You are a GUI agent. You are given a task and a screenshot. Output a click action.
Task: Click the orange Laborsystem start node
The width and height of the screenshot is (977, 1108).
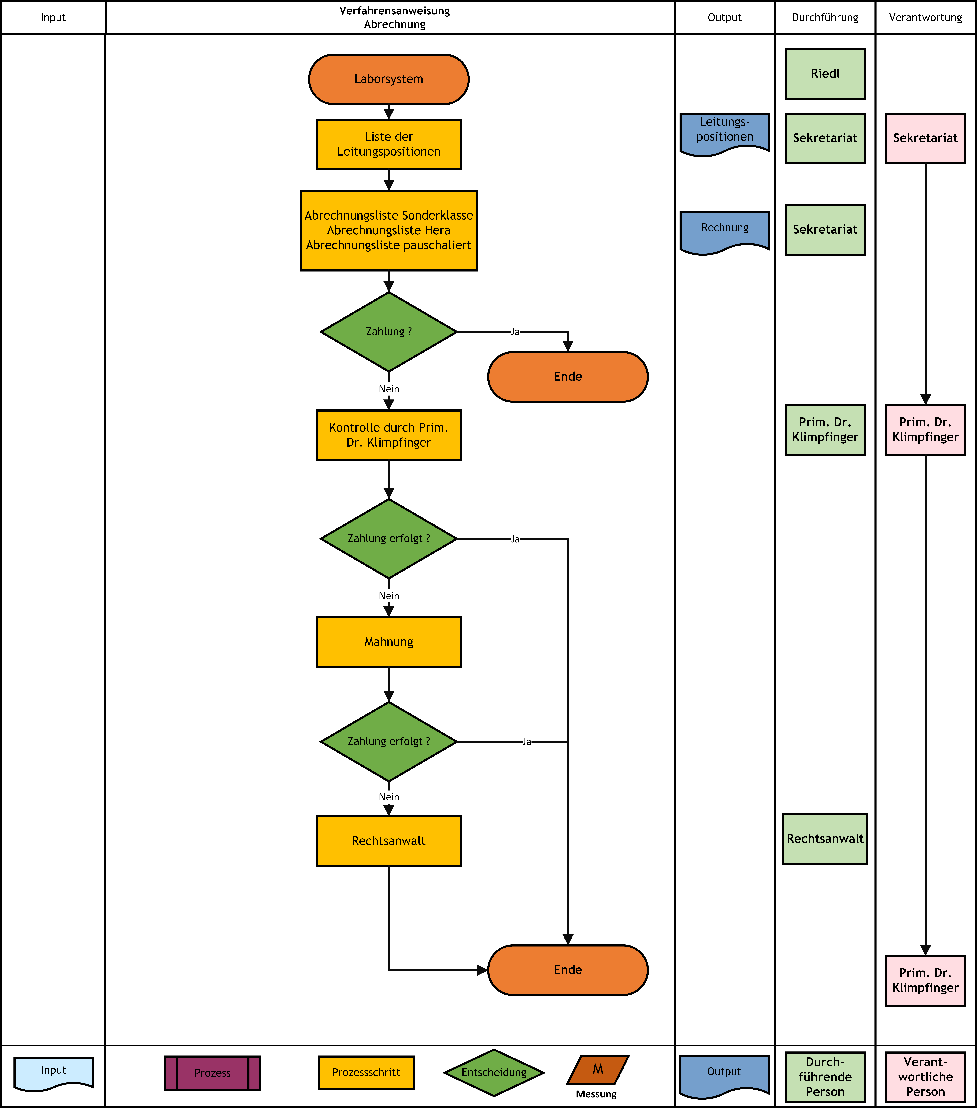point(389,79)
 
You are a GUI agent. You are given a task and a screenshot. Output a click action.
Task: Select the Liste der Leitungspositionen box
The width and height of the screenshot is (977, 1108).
point(389,144)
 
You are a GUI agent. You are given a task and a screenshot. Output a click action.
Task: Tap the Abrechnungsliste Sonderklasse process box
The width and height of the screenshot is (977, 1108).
point(389,230)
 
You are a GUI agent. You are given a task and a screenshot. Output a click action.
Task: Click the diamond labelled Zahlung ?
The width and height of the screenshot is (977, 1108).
point(389,332)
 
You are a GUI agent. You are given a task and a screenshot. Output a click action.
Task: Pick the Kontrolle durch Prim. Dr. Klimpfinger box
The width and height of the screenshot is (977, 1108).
point(389,435)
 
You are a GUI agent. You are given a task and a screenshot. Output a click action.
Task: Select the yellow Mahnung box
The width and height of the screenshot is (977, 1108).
point(389,642)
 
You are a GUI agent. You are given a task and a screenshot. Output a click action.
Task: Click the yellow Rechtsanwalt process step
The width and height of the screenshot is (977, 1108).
point(389,841)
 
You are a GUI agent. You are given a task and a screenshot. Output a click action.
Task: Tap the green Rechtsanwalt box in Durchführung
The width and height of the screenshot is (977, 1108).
point(825,839)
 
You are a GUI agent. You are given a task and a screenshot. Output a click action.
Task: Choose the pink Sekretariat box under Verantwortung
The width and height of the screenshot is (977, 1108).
point(926,138)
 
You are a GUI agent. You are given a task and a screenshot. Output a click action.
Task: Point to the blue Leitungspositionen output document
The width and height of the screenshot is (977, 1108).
point(725,134)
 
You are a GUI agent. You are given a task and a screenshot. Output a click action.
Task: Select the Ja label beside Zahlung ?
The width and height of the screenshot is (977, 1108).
point(515,332)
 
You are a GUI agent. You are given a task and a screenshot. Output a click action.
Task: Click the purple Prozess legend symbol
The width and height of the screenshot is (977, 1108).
point(213,1073)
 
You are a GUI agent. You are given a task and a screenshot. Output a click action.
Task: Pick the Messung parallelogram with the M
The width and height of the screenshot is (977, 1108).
point(598,1069)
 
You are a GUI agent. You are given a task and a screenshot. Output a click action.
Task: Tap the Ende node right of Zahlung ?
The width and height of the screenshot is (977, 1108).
point(568,377)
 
